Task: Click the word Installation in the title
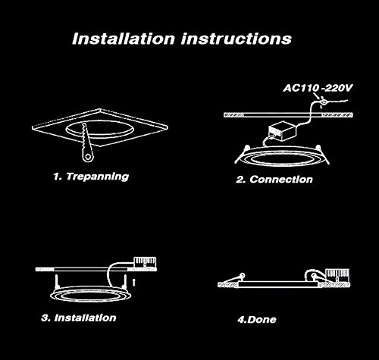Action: (x=124, y=39)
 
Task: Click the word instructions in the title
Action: (x=236, y=39)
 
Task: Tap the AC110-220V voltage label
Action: (x=318, y=88)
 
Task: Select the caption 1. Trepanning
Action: (x=91, y=177)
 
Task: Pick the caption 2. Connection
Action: (x=274, y=180)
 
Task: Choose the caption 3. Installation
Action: (x=79, y=318)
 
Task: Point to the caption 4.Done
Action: (x=257, y=320)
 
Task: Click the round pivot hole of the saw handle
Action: (x=88, y=157)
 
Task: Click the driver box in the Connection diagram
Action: (x=282, y=131)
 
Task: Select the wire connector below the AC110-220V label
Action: (x=323, y=102)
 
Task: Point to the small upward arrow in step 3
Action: (x=134, y=282)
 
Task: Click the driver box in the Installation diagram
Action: (x=145, y=262)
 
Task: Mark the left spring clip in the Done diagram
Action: (x=233, y=278)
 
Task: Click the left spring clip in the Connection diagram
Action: (x=242, y=154)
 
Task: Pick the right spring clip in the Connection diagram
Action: (x=323, y=155)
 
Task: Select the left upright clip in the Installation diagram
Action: (x=56, y=282)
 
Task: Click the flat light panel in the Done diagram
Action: (x=278, y=284)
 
